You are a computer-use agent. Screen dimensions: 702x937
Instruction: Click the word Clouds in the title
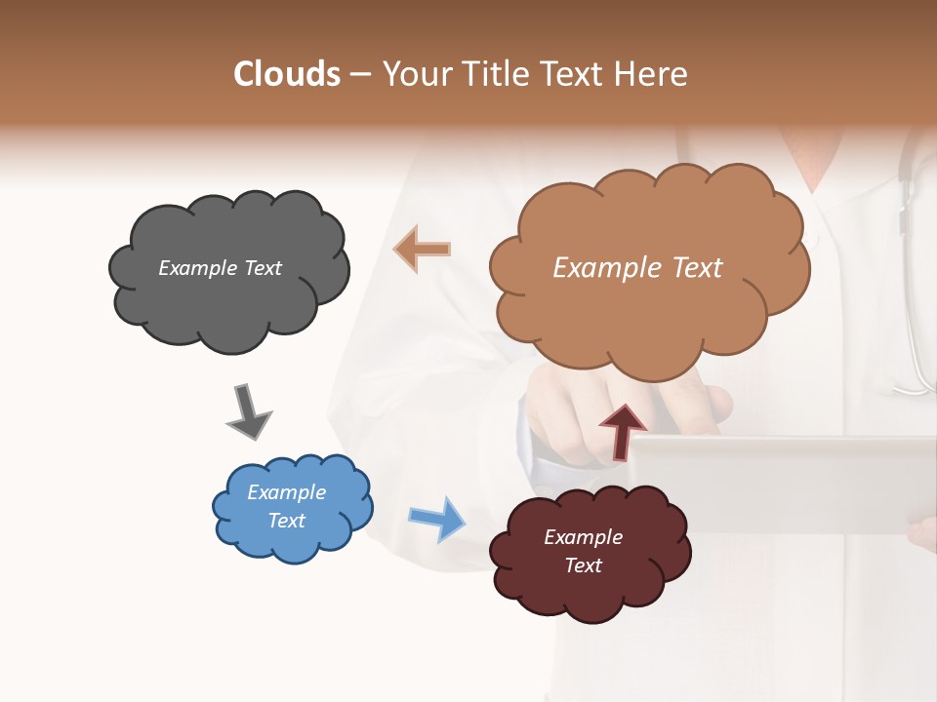click(287, 74)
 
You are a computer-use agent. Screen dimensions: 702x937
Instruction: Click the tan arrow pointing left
click(423, 249)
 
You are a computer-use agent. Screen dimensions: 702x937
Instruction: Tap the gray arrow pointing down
click(248, 412)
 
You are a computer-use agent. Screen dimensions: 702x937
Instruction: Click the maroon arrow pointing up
click(622, 430)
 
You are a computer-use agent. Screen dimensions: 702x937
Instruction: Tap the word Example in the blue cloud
click(286, 492)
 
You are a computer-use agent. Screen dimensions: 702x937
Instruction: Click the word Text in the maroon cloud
click(583, 565)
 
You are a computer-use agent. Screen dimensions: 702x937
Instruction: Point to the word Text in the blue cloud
click(286, 521)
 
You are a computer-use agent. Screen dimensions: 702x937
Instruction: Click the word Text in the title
click(579, 74)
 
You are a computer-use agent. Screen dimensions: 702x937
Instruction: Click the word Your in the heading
click(417, 74)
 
